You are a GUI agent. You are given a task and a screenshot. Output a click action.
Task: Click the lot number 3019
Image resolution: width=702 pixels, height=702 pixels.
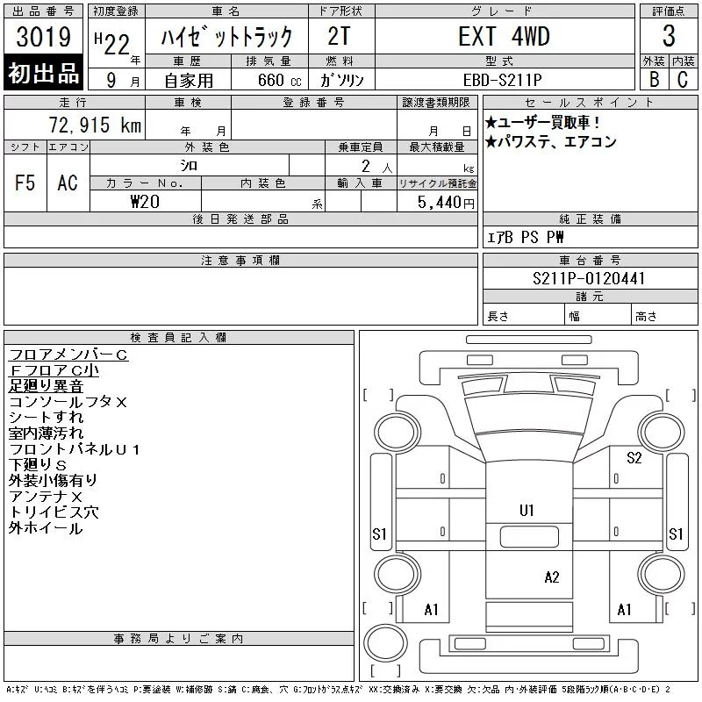tap(43, 37)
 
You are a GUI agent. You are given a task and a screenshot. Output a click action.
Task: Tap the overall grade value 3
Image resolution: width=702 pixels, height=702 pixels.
tap(669, 36)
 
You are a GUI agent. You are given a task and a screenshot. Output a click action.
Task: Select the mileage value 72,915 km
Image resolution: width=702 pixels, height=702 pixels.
tap(95, 125)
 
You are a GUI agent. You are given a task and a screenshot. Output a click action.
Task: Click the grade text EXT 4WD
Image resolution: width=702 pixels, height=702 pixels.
tap(504, 36)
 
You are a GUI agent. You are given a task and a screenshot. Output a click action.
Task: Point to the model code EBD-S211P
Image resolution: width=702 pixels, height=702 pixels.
tap(502, 80)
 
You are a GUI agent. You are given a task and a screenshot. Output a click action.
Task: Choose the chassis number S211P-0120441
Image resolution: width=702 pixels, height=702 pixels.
tap(589, 278)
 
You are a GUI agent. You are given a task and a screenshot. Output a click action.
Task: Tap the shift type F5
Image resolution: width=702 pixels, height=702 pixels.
tap(25, 183)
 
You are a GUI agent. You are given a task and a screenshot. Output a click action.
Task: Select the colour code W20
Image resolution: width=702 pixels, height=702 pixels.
tap(145, 202)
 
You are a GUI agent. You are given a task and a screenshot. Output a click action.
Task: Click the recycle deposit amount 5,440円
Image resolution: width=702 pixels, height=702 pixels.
tap(446, 203)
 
